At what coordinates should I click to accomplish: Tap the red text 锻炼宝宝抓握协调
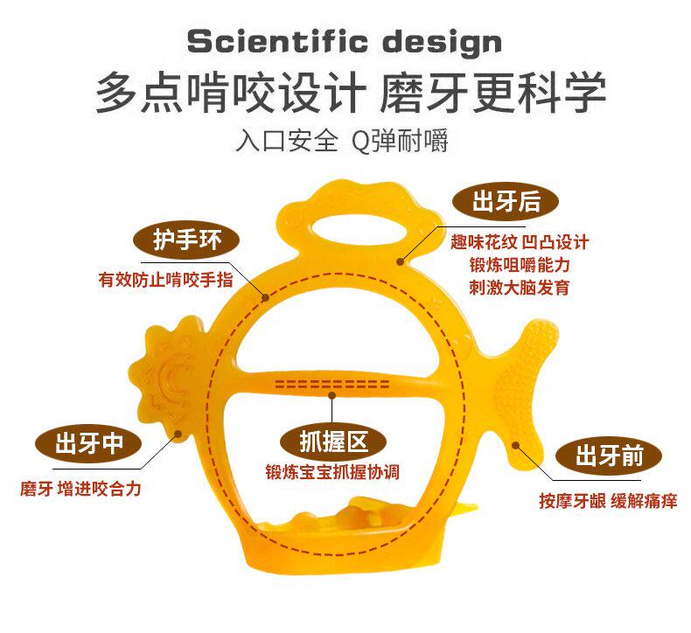pyautogui.click(x=332, y=472)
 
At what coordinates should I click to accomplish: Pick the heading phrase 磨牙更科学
pyautogui.click(x=493, y=93)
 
